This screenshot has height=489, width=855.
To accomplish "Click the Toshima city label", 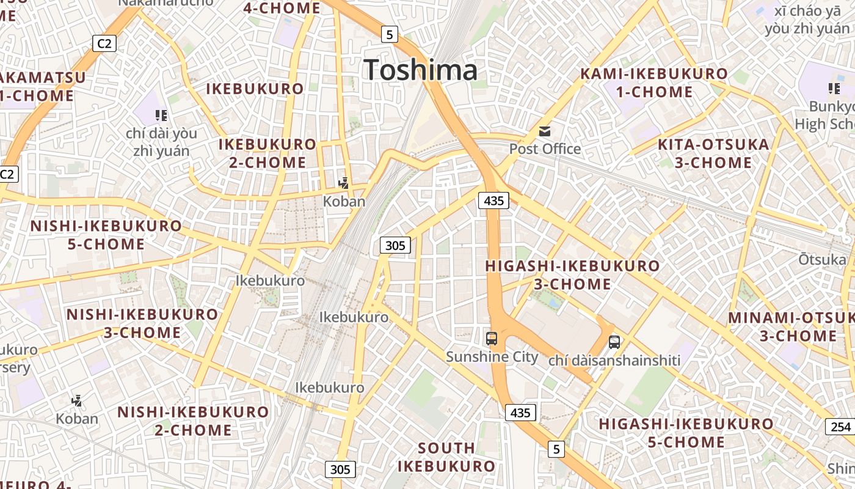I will point(420,70).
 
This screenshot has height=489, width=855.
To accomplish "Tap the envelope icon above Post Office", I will point(545,131).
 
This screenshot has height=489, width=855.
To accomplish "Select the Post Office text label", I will point(545,149).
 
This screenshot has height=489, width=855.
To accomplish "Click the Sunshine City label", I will point(492,356).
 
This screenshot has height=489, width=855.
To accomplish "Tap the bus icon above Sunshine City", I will point(491,338).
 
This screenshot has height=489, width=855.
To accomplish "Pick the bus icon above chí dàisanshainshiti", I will point(614,342).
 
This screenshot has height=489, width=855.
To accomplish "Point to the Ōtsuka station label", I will point(822,259).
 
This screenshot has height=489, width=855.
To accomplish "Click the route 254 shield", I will point(840,426).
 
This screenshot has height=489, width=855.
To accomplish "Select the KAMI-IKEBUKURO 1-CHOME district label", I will point(654,83).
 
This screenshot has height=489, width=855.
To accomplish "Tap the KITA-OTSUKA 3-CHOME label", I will point(713,153).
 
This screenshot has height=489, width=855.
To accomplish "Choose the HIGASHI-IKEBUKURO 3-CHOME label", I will point(572,274).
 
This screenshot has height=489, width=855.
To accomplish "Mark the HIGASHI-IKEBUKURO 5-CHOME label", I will point(686,432).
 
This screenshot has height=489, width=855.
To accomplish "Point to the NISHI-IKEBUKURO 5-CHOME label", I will point(106,235).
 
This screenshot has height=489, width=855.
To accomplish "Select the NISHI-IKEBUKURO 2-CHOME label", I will point(193,421).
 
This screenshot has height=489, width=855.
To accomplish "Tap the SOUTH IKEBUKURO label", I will point(446,457).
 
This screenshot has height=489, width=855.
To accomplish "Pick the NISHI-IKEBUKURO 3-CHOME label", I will point(142,323).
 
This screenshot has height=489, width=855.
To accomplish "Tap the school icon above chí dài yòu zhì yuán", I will point(161,115).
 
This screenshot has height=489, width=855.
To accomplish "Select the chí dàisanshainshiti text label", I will point(614,360).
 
